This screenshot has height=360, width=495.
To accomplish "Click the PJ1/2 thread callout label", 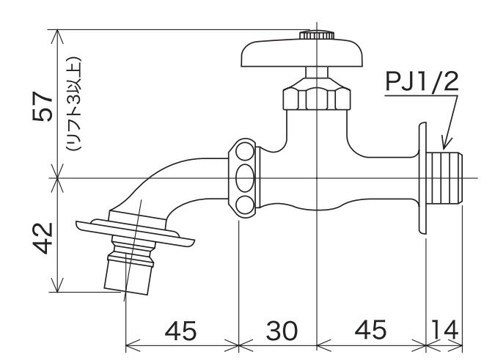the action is (422, 82).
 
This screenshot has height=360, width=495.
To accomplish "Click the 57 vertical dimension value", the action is (42, 106).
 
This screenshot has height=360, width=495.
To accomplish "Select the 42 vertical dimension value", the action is (43, 238).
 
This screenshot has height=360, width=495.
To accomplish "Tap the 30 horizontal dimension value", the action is (282, 331).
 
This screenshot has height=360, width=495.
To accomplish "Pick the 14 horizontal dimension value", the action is (444, 331).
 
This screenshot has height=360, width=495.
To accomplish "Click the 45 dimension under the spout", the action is (180, 331).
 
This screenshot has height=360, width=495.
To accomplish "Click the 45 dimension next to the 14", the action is (370, 330).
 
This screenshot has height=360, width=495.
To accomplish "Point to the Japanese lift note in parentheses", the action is (74, 104).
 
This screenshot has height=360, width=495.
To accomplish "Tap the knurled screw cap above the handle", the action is (317, 34).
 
